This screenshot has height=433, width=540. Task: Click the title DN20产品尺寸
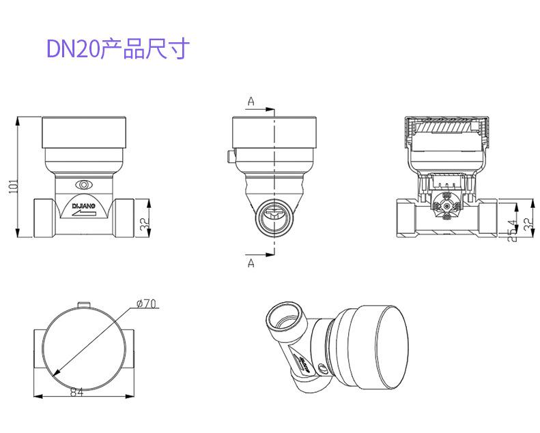tap(116, 48)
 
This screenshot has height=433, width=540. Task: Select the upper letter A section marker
tap(251, 102)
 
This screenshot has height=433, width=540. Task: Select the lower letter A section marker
tap(251, 263)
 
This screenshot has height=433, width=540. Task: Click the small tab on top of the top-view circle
tap(84, 303)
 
